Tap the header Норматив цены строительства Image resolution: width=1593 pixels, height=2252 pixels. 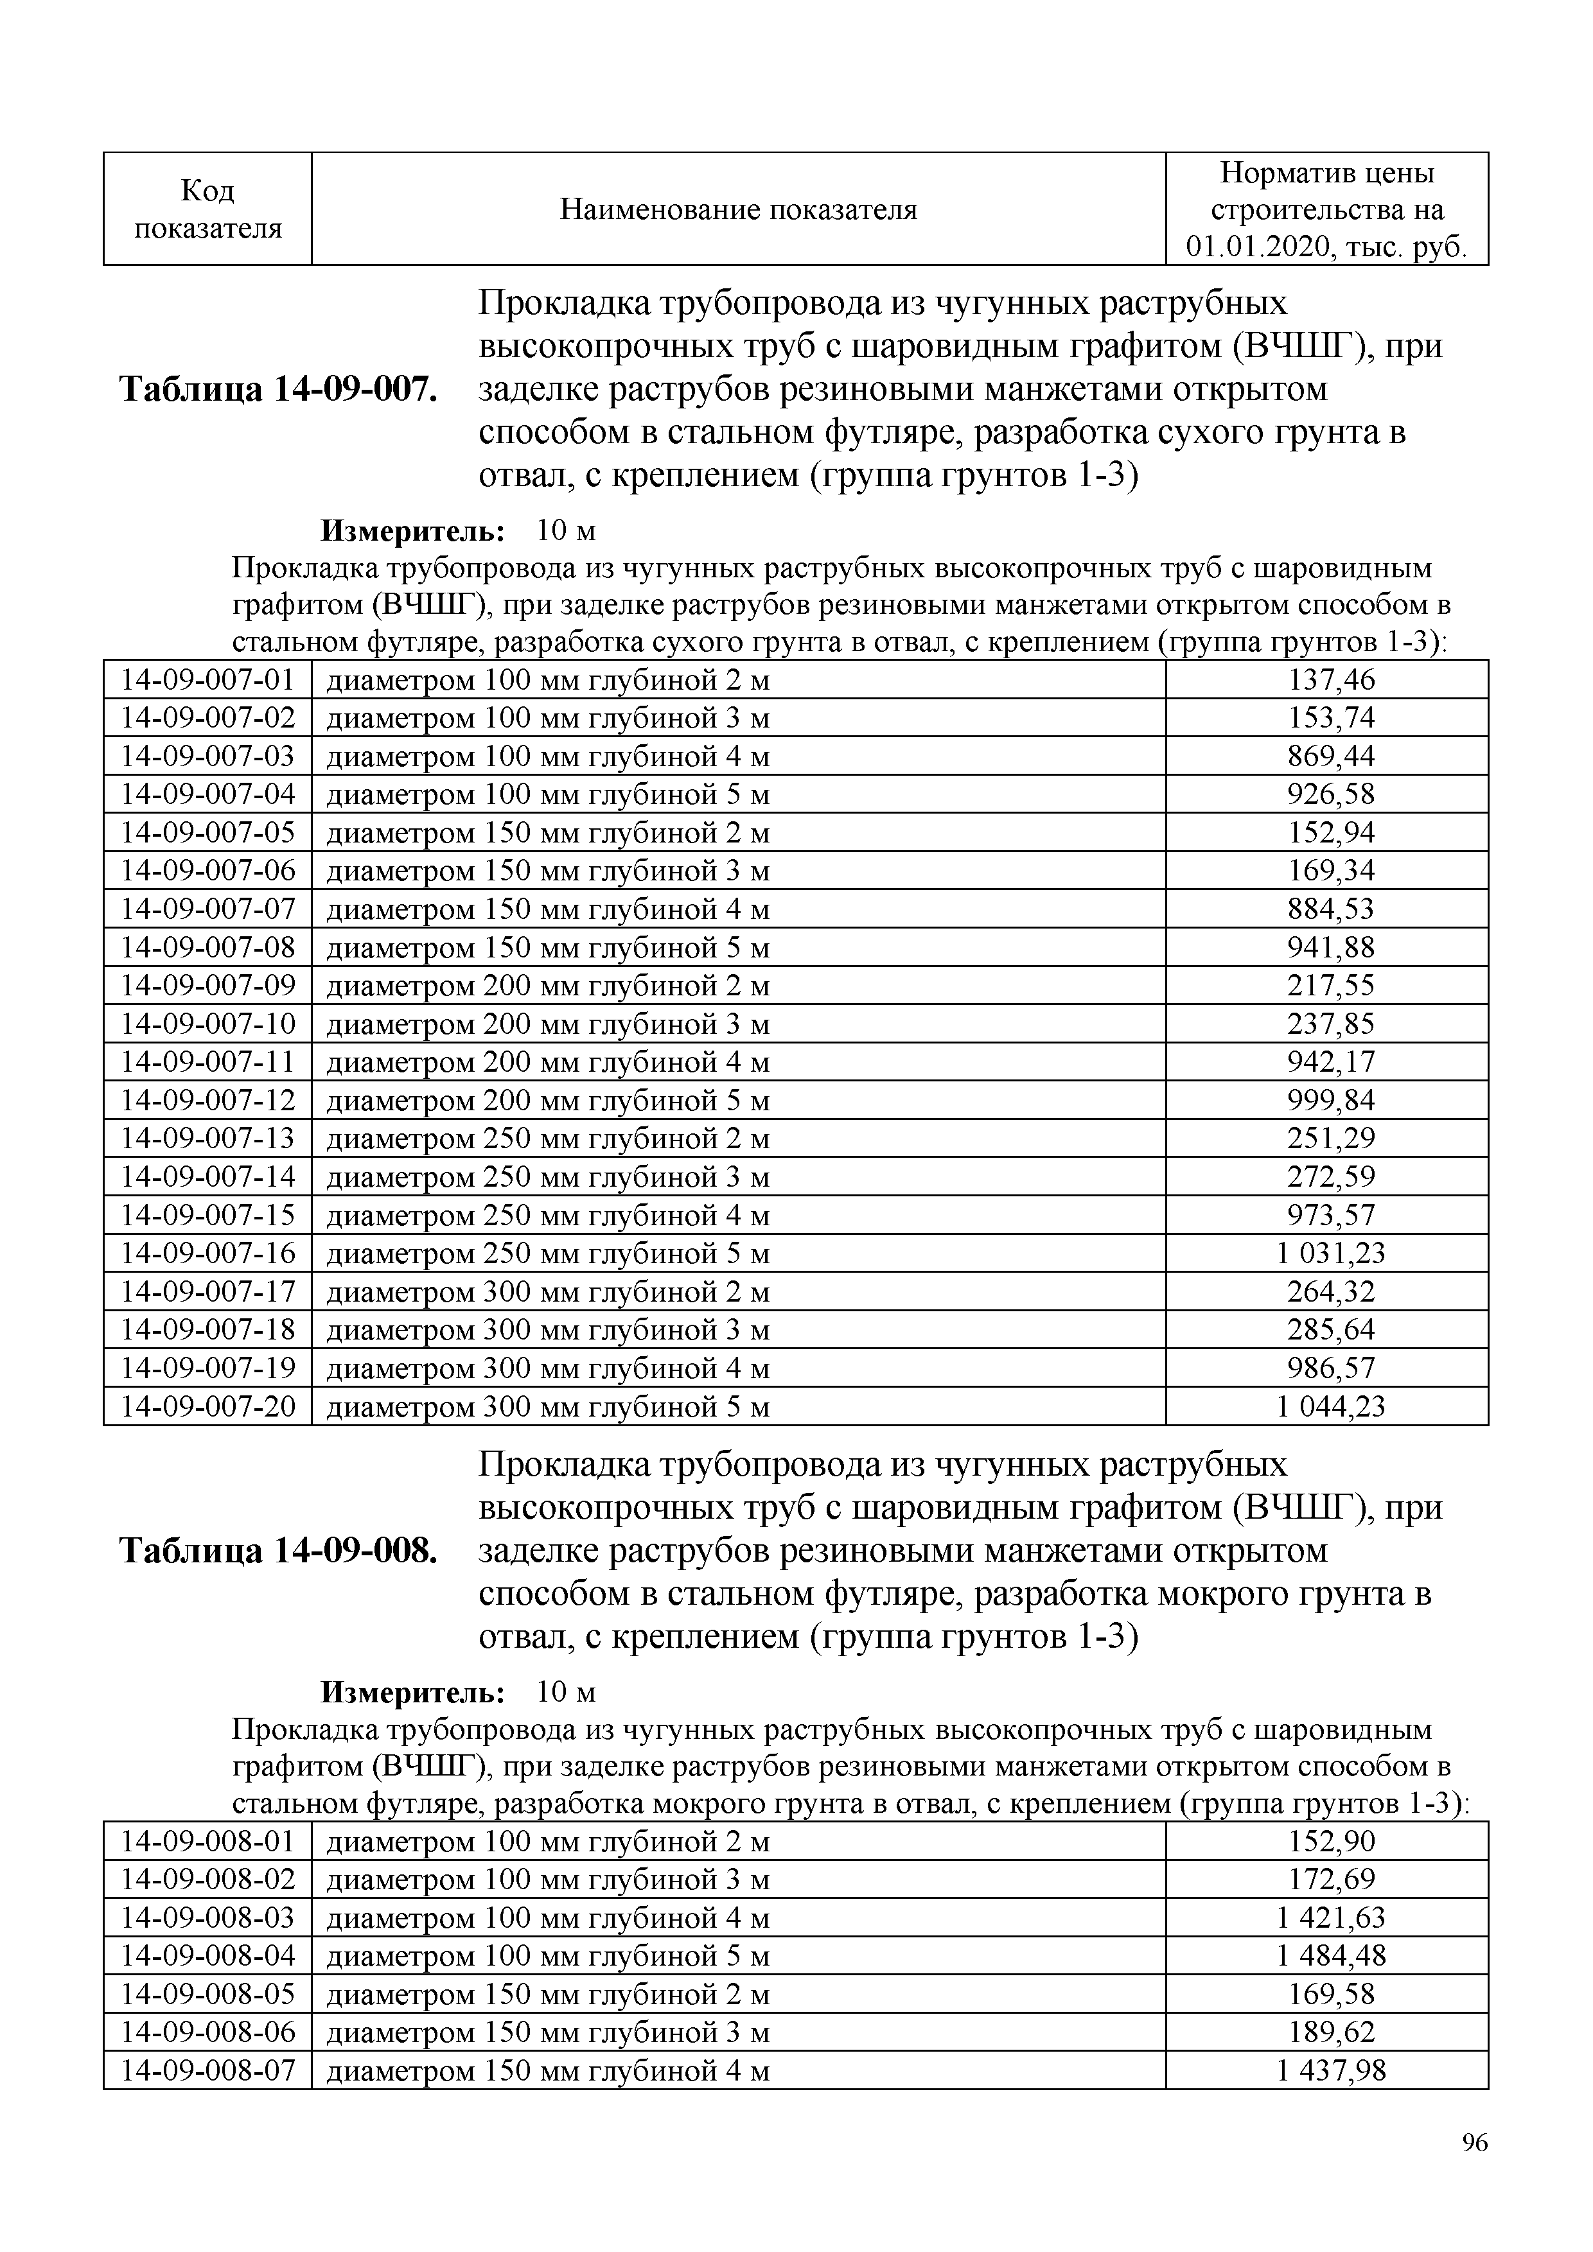[1326, 209]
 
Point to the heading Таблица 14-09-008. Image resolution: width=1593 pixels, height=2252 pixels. [277, 1551]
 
